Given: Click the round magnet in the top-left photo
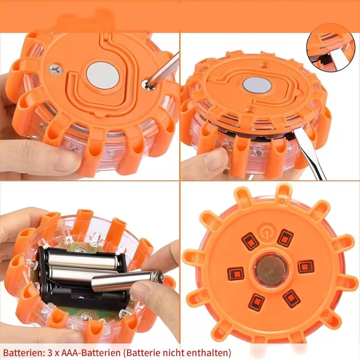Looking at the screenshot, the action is click(103, 76).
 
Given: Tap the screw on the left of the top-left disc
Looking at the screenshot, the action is click(55, 69).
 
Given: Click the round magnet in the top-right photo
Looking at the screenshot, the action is click(257, 85).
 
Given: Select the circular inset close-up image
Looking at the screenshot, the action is click(331, 48).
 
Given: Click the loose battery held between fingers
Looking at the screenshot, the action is click(128, 280).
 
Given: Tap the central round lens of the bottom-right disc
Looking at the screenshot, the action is click(271, 269).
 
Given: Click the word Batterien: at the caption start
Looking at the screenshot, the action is click(23, 352).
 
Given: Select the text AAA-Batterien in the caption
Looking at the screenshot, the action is click(91, 352).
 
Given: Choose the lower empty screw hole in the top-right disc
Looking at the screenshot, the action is click(248, 109).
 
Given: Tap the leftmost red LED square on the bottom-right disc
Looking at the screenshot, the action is click(235, 274).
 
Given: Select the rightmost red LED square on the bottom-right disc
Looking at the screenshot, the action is click(306, 266).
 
